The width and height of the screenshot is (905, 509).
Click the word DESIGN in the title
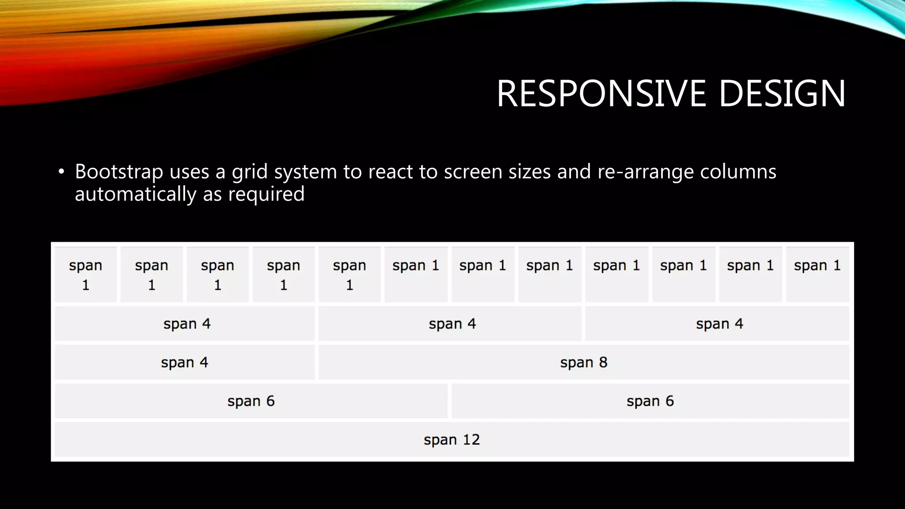coord(782,94)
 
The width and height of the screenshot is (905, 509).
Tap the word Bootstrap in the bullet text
coord(119,172)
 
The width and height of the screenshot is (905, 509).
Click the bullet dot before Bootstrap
coord(61,171)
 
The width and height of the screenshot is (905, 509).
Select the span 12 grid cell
coord(452,440)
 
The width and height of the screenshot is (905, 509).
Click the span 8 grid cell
coord(583,363)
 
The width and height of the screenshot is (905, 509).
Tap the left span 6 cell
coord(251,401)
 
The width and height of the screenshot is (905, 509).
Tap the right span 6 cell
coord(650,401)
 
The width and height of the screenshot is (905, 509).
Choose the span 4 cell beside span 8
coord(184,363)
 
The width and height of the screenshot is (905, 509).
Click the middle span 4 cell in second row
coord(452,324)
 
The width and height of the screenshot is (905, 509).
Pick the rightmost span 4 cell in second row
coord(719,324)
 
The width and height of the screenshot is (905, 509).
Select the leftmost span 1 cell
coord(86,275)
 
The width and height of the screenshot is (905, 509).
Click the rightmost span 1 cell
coord(817,275)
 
